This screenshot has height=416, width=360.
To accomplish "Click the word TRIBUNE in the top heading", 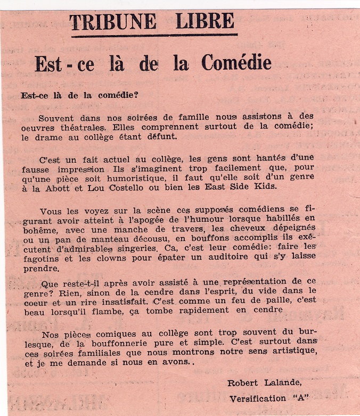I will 112,22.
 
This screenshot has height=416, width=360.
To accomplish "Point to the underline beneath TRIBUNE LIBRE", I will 154,36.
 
